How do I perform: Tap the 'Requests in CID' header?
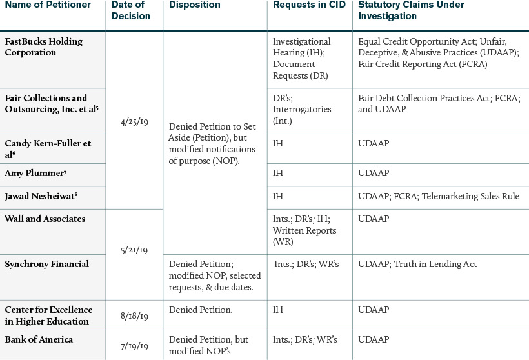(309, 5)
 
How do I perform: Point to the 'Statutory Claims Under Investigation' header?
(411, 10)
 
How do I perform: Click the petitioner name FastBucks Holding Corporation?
(44, 47)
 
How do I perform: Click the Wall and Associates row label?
(45, 219)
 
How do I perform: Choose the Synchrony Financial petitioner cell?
(47, 263)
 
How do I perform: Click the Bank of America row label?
(39, 339)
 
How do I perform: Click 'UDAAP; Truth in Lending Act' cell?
(417, 263)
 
